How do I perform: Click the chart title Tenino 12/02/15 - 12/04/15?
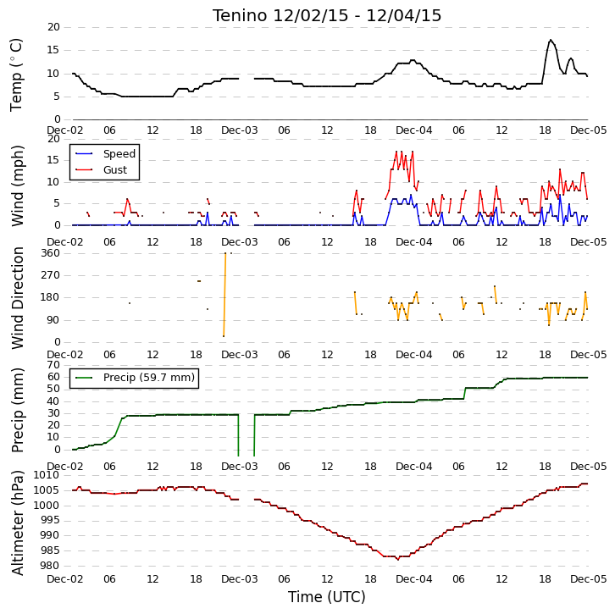click(x=327, y=16)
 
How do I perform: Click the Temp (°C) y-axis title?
click(x=16, y=75)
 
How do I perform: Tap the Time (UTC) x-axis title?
click(x=327, y=597)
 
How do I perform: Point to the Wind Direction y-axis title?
click(x=17, y=298)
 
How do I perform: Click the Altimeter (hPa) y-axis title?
click(x=17, y=523)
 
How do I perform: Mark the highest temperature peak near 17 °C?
click(x=551, y=40)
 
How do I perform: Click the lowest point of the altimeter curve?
click(x=397, y=559)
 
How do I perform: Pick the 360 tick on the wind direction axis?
click(x=51, y=253)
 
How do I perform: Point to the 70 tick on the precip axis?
click(x=53, y=365)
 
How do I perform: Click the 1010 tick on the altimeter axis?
click(x=47, y=475)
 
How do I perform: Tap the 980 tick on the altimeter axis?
click(x=50, y=566)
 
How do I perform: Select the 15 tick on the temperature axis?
click(x=53, y=50)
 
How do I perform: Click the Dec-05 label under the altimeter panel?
click(x=589, y=579)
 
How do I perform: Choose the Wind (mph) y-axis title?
click(x=17, y=185)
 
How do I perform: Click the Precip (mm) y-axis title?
click(x=17, y=410)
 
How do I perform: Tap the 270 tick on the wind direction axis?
click(x=51, y=275)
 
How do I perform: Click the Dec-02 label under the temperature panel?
click(x=65, y=130)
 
